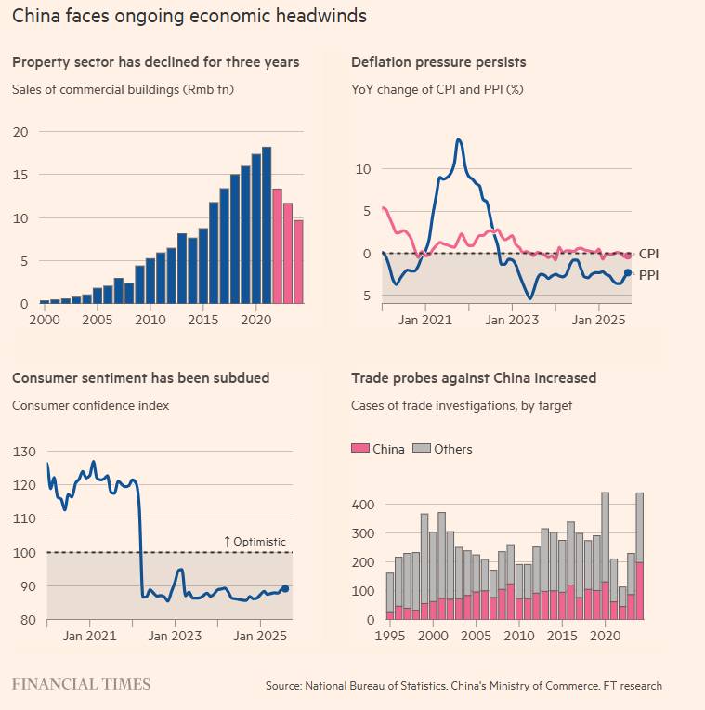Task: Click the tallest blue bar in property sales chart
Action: (267, 225)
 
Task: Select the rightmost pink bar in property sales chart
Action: (298, 262)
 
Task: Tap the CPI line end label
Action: (648, 254)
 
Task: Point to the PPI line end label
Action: (648, 275)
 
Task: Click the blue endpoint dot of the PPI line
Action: (628, 272)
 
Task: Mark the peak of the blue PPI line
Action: (459, 139)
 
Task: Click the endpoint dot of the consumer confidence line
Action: (285, 588)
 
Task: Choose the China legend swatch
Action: (360, 448)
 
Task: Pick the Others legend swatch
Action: (422, 448)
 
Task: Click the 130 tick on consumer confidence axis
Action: (24, 452)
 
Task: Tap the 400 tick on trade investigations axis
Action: (363, 505)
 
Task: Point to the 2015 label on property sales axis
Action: (203, 320)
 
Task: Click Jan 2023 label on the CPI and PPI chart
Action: (512, 320)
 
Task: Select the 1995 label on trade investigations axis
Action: (390, 636)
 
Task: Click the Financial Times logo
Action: (81, 684)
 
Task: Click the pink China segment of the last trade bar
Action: (639, 590)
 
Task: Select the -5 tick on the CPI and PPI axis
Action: (364, 296)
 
